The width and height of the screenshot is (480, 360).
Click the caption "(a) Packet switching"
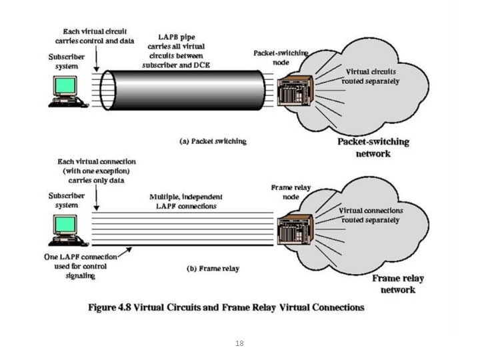tap(214, 141)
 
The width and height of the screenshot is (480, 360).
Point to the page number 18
tap(239, 343)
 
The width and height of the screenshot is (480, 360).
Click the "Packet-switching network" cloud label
tap(373, 147)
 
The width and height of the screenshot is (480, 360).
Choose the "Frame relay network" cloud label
tap(398, 284)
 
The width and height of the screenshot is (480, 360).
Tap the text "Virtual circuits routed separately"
tap(371, 76)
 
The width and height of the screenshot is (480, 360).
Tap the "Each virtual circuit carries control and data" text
tap(98, 36)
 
